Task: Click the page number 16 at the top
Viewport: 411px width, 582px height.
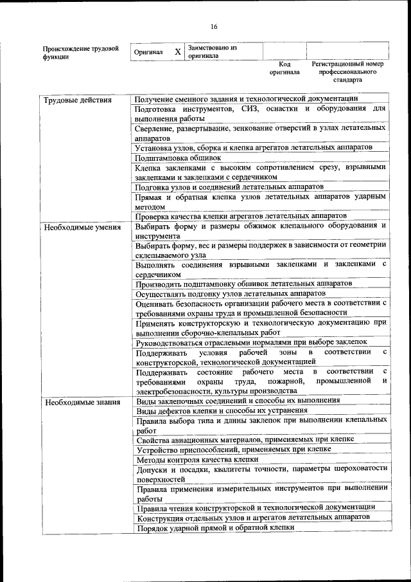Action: click(214, 26)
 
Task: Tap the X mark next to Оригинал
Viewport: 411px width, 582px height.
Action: click(177, 51)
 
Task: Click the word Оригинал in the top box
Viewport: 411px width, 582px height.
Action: click(148, 52)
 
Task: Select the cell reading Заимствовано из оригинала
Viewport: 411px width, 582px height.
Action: click(212, 51)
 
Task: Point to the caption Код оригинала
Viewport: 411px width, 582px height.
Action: click(284, 68)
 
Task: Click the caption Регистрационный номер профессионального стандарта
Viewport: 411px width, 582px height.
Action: click(347, 72)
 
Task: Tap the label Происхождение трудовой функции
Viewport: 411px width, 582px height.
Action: click(80, 52)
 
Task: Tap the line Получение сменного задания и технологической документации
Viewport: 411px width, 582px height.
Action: click(247, 99)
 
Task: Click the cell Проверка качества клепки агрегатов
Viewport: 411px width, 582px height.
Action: click(241, 215)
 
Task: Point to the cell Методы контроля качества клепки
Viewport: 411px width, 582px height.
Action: click(197, 460)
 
